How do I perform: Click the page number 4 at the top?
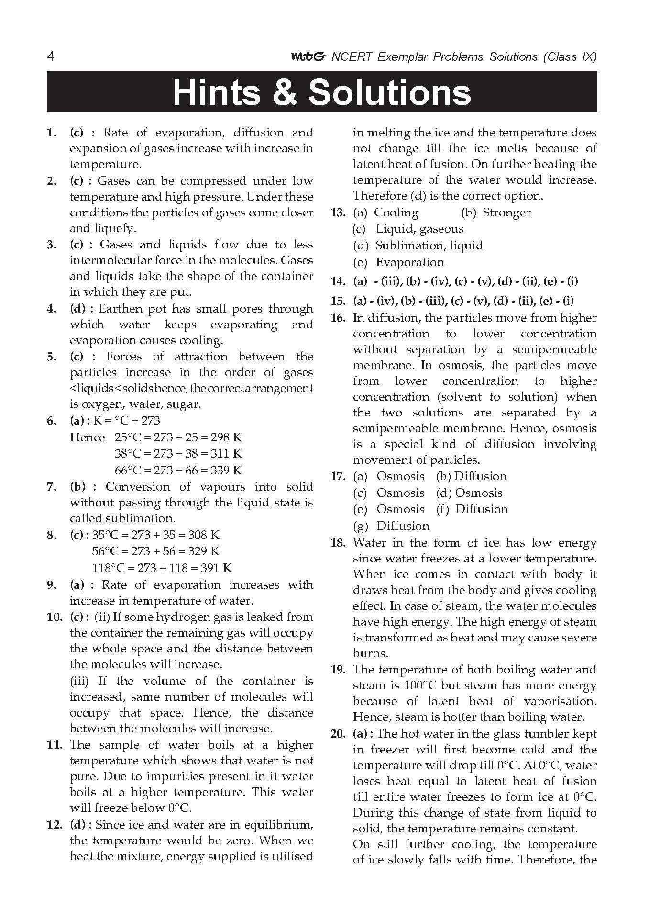(51, 57)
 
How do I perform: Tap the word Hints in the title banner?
(217, 92)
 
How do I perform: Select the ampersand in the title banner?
(289, 92)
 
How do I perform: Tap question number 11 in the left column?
(55, 745)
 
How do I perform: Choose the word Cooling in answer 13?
(396, 213)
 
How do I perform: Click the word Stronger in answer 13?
(506, 213)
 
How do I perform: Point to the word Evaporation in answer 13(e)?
(410, 262)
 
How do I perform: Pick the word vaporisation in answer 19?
(560, 701)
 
